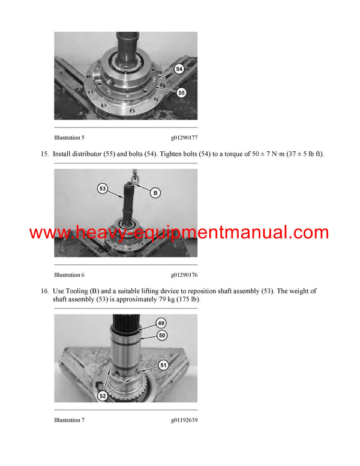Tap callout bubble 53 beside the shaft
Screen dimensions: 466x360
(103, 189)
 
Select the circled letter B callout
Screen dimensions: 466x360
(155, 193)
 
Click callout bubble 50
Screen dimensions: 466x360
(162, 336)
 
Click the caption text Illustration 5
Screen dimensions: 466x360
(69, 138)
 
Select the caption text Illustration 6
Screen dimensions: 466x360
(69, 274)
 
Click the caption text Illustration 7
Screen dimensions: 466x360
(69, 420)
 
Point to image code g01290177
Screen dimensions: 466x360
(184, 138)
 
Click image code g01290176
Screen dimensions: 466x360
(184, 274)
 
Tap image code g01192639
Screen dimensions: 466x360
(184, 420)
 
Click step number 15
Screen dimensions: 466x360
(44, 154)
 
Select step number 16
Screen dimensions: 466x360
(44, 291)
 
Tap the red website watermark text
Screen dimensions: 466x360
(179, 233)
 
